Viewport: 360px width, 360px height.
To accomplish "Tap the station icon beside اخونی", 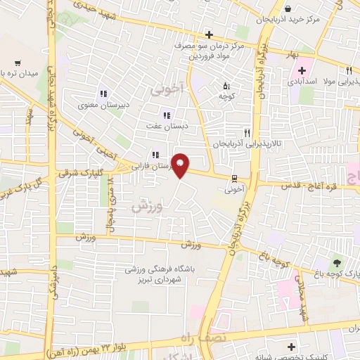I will [x=234, y=178].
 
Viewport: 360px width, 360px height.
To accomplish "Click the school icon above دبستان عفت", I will [x=167, y=116].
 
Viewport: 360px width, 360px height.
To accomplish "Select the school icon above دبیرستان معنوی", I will [x=103, y=94].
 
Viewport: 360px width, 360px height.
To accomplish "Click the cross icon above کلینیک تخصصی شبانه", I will [x=291, y=347].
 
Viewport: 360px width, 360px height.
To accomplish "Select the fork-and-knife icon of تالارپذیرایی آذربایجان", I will [x=246, y=131].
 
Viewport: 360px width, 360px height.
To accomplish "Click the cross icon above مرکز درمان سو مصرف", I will [x=209, y=34].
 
